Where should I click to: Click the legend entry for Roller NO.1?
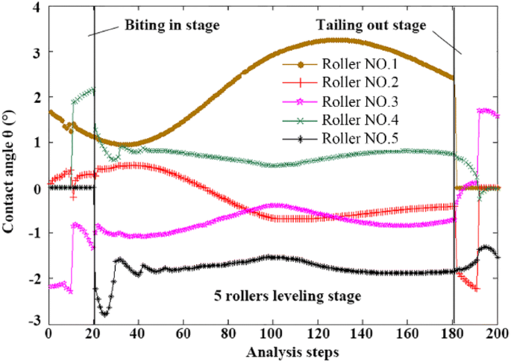click(351, 61)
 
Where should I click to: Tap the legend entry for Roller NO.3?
click(351, 100)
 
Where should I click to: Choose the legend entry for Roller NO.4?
click(351, 119)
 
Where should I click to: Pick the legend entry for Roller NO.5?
click(351, 138)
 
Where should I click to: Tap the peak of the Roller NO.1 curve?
click(337, 40)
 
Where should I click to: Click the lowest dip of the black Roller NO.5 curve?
click(104, 314)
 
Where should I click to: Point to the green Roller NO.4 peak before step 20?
click(92, 90)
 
